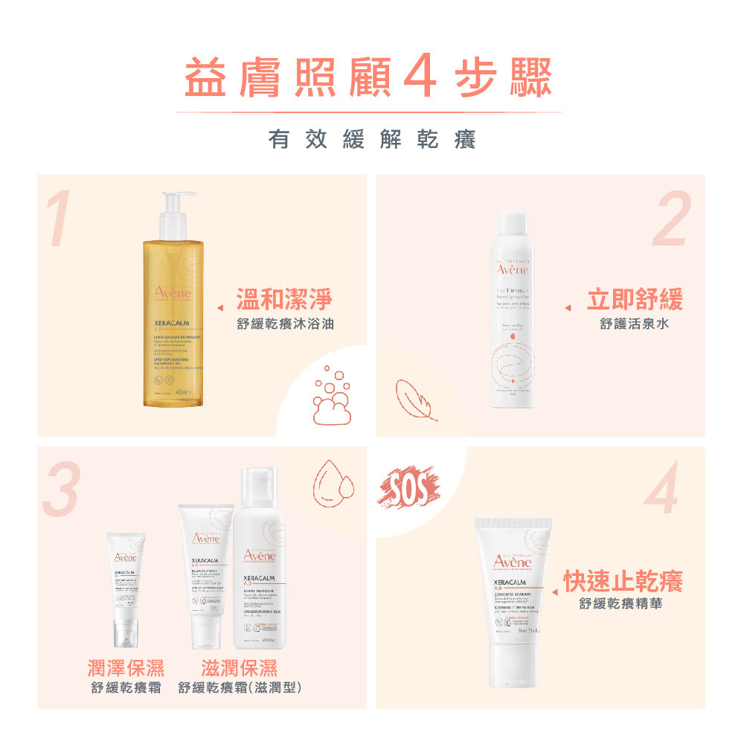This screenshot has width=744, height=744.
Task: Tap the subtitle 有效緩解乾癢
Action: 372,139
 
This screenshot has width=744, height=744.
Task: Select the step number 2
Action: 672,219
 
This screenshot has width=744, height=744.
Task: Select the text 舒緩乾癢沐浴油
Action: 285,324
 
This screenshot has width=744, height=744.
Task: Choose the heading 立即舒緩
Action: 635,301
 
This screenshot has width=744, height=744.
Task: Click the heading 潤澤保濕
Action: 126,667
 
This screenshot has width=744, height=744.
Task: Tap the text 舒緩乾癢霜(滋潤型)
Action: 240,688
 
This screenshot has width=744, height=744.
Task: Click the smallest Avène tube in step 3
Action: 125,588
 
